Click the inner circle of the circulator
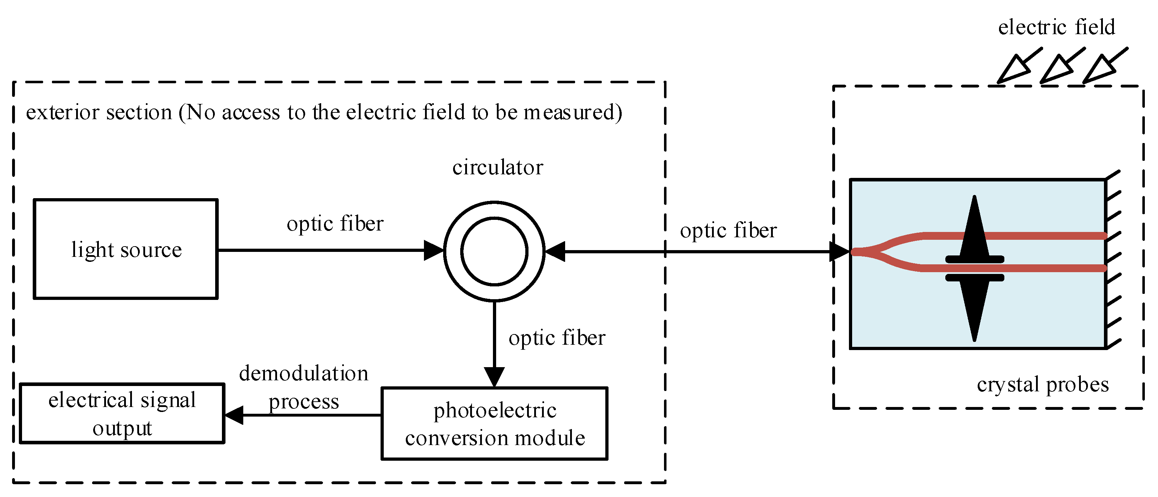tap(494, 252)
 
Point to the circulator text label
tap(498, 167)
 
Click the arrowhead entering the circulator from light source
tap(433, 250)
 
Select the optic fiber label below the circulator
tap(557, 338)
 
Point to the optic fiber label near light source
tap(335, 223)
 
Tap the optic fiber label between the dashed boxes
tap(728, 231)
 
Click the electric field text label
tap(1056, 27)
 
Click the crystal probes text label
tap(1042, 385)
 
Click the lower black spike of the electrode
tap(974, 310)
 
